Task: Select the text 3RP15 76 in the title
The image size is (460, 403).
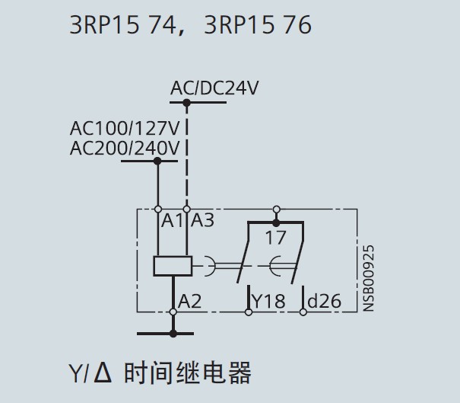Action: pos(258,25)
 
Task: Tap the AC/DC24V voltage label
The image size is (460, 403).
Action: pos(214,88)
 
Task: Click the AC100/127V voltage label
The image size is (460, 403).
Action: pos(125,127)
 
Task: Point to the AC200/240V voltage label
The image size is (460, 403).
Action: pos(125,148)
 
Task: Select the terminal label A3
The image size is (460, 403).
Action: pos(202,221)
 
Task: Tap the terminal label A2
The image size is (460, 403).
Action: pos(189,301)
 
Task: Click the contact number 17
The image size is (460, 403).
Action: pos(275,237)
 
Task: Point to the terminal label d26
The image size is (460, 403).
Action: pos(324,302)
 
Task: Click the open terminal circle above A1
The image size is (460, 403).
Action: pos(158,208)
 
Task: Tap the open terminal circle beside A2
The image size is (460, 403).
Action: pos(173,312)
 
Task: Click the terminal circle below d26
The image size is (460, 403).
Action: pos(303,312)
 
